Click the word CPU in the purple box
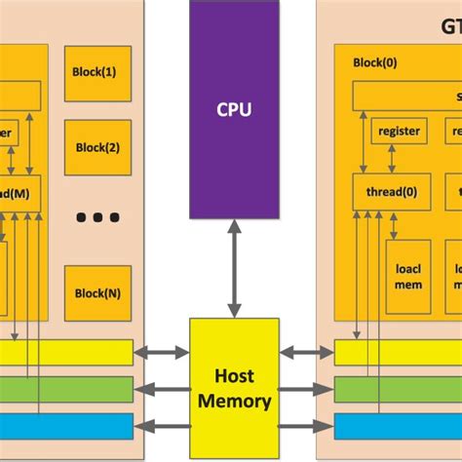tap(234, 108)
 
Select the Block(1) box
tap(97, 71)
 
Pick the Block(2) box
tap(97, 148)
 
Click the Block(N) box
tap(97, 292)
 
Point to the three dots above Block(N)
tap(97, 216)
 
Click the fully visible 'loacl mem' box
tap(407, 276)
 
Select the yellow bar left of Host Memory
tap(66, 352)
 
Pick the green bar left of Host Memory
tap(66, 389)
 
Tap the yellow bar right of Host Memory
tap(398, 352)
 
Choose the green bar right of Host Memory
tap(398, 389)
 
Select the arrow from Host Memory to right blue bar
tap(305, 426)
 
